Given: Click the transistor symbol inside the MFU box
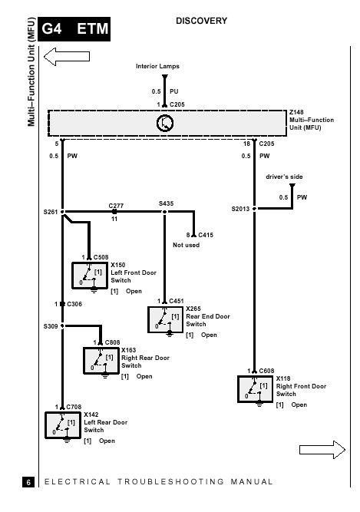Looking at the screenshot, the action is click(x=165, y=123).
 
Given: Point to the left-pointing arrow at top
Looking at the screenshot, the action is click(x=67, y=57).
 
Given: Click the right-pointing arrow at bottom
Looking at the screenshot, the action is click(x=322, y=450).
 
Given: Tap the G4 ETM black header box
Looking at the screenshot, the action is click(x=74, y=29).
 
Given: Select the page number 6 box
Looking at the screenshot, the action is click(x=28, y=482).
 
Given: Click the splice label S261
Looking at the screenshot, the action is click(x=51, y=212).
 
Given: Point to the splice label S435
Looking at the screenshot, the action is click(x=166, y=203).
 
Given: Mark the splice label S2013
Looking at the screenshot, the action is click(x=240, y=209).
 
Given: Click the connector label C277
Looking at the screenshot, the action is click(x=116, y=206).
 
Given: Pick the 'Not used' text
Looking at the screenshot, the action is click(x=186, y=245).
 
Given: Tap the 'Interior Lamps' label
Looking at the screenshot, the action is click(x=157, y=66).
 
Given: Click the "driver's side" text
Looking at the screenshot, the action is click(x=284, y=177).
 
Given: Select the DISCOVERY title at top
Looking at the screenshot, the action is click(x=201, y=21).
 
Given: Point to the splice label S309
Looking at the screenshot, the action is click(x=51, y=326).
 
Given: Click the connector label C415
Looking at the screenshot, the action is click(x=206, y=235).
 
